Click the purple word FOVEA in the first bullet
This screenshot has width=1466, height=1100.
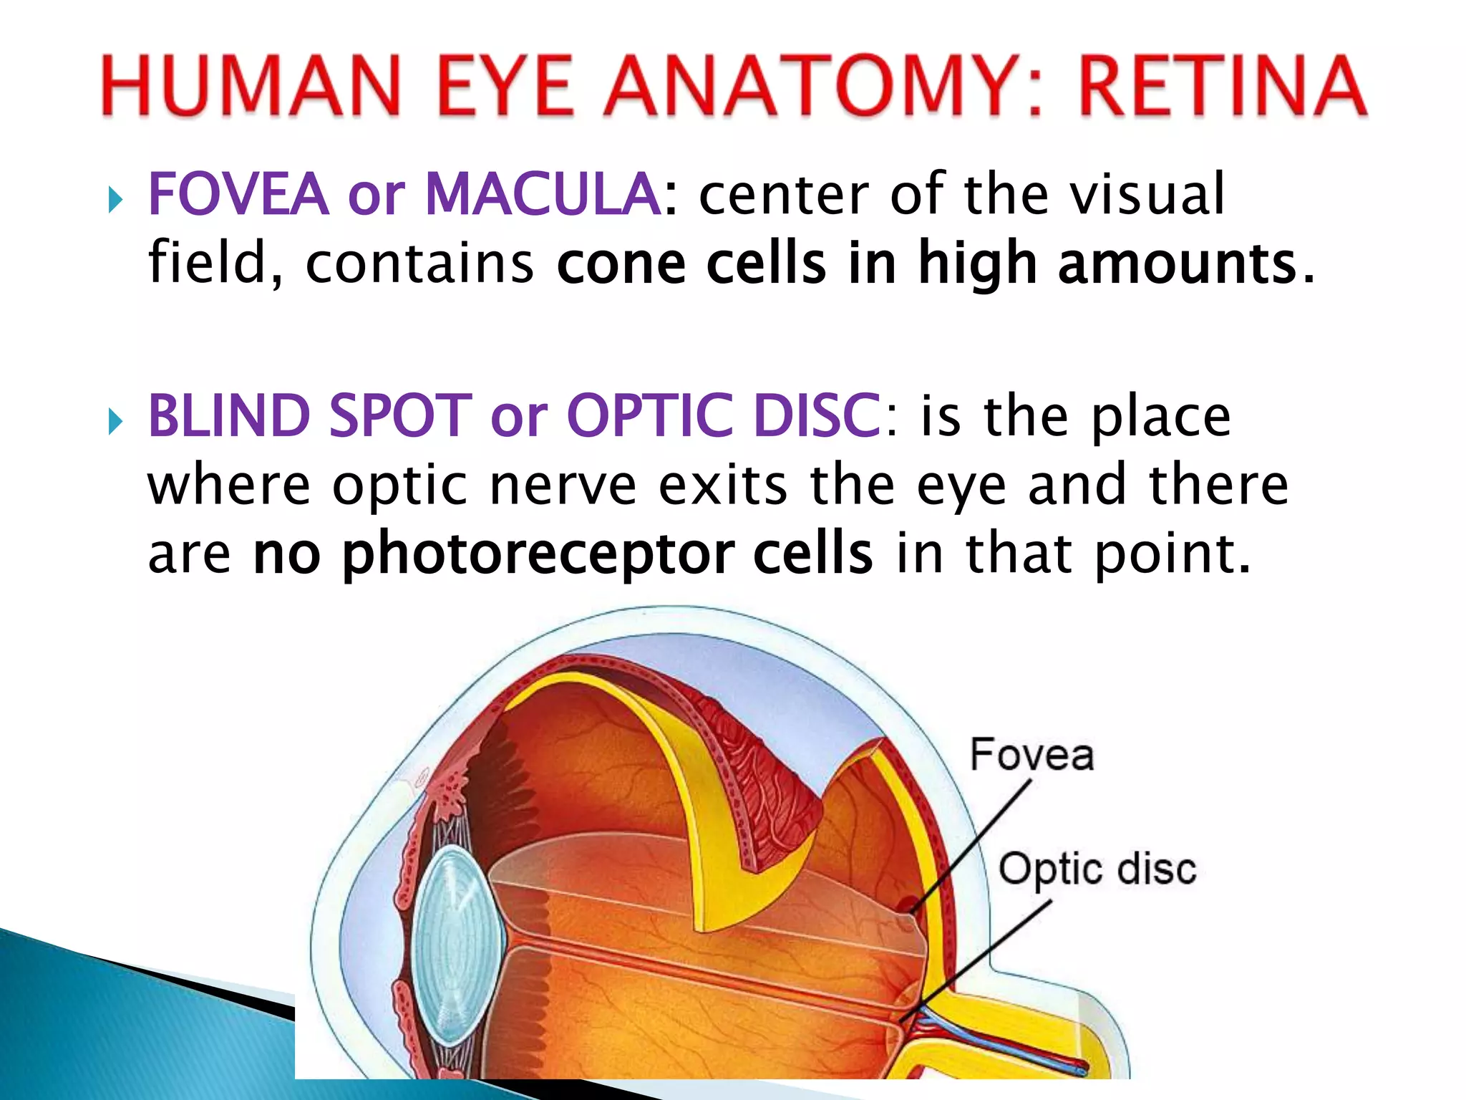pyautogui.click(x=238, y=194)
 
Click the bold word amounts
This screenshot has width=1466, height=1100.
pyautogui.click(x=1178, y=264)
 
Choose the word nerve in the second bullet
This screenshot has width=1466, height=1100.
pyautogui.click(x=563, y=485)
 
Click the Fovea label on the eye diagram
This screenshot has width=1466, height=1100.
pyautogui.click(x=1031, y=755)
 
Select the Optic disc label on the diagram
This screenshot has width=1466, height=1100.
pyautogui.click(x=1097, y=869)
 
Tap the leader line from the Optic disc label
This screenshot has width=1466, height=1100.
pyautogui.click(x=981, y=956)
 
